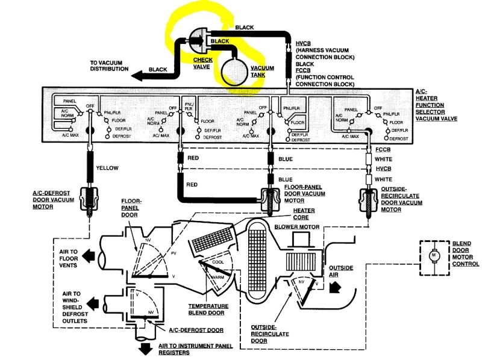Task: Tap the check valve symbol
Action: (x=201, y=39)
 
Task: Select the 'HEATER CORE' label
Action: (x=305, y=213)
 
